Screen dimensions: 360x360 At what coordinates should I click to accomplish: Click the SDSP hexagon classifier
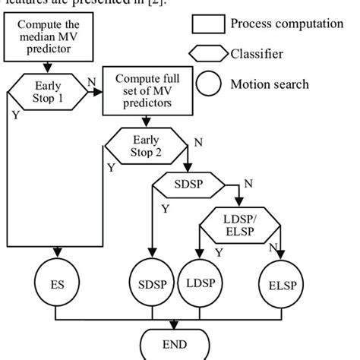188,185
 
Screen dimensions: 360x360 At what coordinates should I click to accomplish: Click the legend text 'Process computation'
286,24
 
